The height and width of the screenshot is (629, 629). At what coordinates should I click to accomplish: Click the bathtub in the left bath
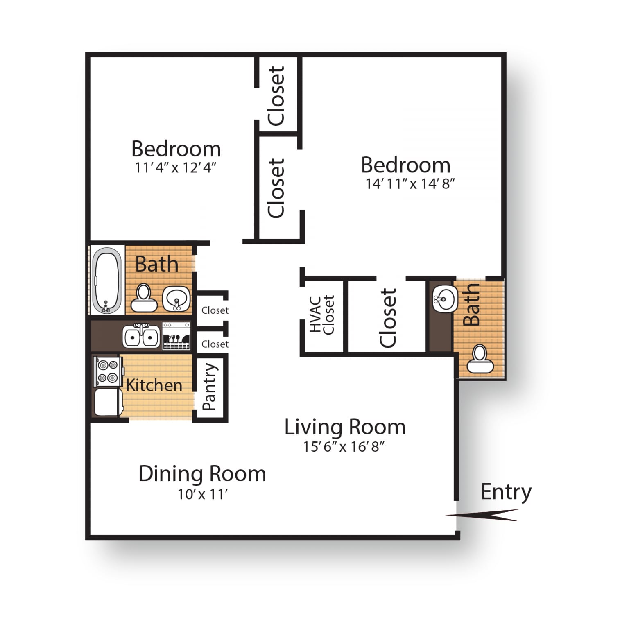click(x=107, y=280)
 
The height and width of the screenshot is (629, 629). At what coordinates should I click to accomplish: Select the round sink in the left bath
click(x=176, y=299)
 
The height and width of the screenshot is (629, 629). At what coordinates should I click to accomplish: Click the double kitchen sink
click(x=141, y=336)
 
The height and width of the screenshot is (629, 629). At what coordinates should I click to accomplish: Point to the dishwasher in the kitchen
click(x=176, y=336)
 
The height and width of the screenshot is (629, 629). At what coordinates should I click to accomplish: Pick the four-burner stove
click(x=108, y=371)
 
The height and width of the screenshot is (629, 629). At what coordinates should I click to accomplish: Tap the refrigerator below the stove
click(x=108, y=402)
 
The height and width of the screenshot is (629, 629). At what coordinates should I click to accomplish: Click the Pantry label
click(x=209, y=387)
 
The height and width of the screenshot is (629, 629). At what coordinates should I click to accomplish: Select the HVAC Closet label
click(x=322, y=315)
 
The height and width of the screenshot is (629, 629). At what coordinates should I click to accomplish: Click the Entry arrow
click(x=482, y=515)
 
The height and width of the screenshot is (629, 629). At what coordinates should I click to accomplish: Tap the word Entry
click(x=506, y=492)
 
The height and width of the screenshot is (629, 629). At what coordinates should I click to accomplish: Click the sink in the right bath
click(x=445, y=299)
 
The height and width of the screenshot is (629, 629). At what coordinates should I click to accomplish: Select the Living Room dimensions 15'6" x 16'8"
click(x=344, y=446)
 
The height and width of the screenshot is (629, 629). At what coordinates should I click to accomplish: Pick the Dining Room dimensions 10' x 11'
click(x=202, y=494)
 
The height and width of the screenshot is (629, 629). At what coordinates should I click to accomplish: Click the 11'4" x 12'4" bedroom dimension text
click(x=176, y=167)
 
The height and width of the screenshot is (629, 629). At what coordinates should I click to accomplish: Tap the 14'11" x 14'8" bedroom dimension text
click(x=410, y=183)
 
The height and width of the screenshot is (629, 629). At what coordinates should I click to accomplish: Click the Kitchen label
click(x=154, y=385)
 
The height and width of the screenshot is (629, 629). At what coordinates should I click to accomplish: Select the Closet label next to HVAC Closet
click(x=388, y=318)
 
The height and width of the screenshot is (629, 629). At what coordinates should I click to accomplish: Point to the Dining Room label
click(x=202, y=474)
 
